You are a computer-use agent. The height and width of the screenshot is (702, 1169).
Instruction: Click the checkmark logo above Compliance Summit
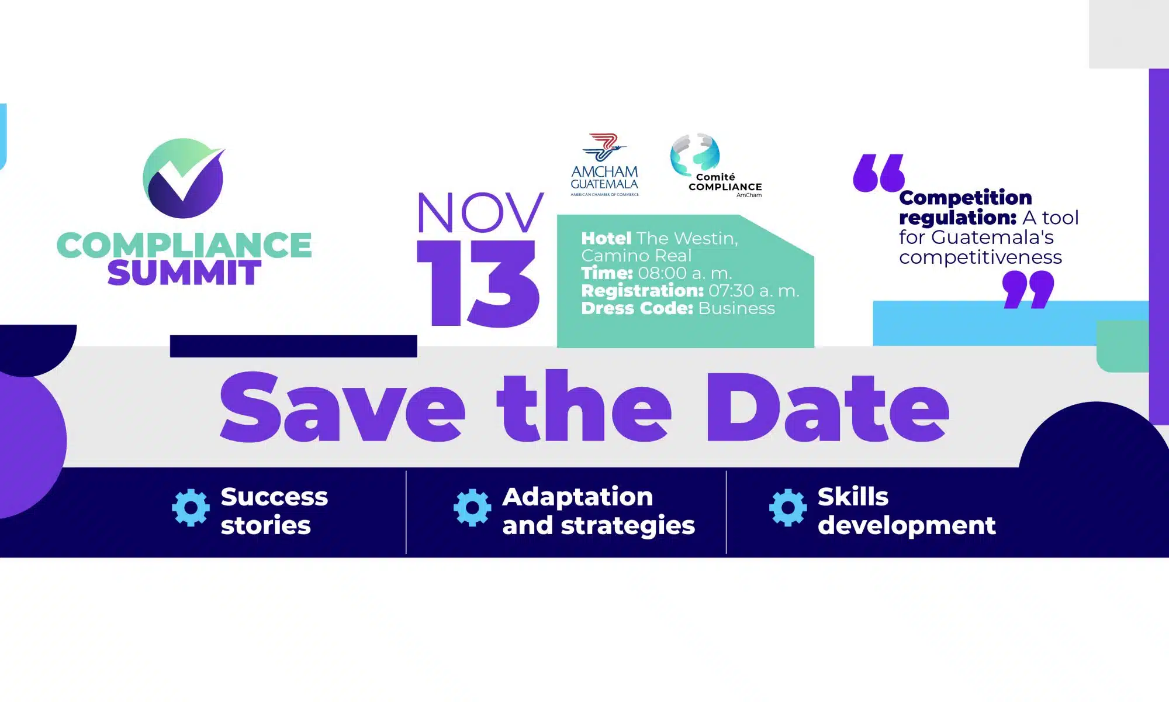(184, 178)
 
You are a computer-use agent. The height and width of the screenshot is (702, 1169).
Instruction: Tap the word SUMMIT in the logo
(184, 273)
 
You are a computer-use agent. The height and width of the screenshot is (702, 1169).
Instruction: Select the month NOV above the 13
(480, 213)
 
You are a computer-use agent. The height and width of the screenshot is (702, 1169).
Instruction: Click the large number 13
(478, 284)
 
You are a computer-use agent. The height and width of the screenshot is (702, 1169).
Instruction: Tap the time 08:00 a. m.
(685, 273)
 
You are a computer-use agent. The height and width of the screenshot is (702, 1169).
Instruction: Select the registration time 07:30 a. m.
(753, 291)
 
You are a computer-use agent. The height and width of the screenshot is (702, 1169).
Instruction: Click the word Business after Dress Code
(736, 308)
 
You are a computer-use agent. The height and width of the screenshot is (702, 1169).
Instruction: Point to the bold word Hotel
(606, 238)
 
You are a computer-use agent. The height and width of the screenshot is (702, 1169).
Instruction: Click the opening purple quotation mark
(879, 173)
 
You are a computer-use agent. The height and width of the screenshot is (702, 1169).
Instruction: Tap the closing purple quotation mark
(1028, 290)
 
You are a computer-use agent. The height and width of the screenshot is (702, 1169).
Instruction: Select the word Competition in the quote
(966, 198)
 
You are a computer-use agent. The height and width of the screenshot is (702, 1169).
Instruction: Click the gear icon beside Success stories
(191, 507)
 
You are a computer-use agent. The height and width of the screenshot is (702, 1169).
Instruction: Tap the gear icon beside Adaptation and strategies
(472, 507)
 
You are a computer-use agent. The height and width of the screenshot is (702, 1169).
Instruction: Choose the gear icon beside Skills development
(788, 507)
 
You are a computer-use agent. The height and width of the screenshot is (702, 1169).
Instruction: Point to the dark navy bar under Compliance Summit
(293, 346)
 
